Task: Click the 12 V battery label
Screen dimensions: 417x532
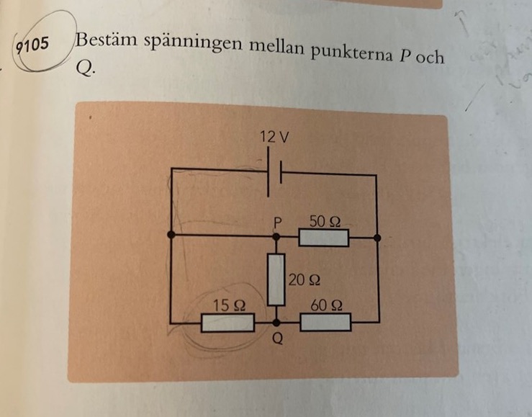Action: [x=276, y=137]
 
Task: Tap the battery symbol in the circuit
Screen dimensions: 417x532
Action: [x=274, y=172]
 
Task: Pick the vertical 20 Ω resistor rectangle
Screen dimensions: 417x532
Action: [x=275, y=279]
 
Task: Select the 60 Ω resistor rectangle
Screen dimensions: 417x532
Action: [x=325, y=323]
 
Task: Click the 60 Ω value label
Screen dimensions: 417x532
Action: [x=326, y=306]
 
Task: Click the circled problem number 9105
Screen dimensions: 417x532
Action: [x=30, y=45]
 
